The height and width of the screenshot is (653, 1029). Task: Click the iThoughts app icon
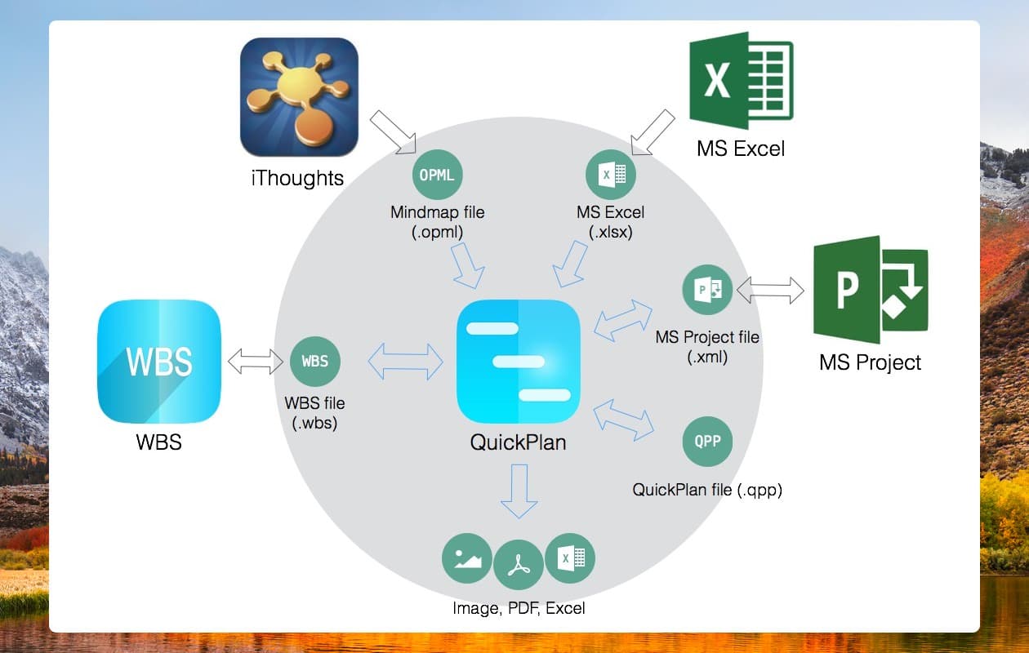click(x=299, y=97)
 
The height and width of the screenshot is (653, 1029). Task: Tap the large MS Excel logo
click(x=741, y=80)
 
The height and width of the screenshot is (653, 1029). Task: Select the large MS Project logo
click(x=871, y=290)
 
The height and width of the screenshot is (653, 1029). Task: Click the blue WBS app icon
click(x=159, y=362)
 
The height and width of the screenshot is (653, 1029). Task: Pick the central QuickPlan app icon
click(x=519, y=362)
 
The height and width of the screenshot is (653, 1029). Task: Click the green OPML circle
click(x=437, y=175)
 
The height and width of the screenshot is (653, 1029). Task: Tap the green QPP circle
click(x=707, y=441)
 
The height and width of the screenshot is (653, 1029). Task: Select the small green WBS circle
click(x=315, y=362)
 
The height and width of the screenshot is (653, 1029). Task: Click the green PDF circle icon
click(x=519, y=564)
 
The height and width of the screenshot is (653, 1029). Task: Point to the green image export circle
click(x=467, y=558)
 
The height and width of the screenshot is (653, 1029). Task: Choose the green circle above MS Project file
click(x=707, y=290)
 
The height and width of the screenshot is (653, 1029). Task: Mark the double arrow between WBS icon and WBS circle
click(x=256, y=362)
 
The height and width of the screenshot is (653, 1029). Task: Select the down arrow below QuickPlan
click(x=519, y=491)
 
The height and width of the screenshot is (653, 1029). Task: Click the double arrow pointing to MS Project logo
click(x=770, y=290)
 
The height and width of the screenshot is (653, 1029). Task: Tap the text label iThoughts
click(x=297, y=178)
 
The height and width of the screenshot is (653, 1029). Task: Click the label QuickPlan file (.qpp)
click(x=707, y=490)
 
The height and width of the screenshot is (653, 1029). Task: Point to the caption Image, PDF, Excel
click(x=519, y=608)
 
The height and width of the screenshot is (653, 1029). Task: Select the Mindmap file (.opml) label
click(x=437, y=221)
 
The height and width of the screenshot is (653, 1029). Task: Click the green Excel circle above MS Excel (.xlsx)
click(x=611, y=175)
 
